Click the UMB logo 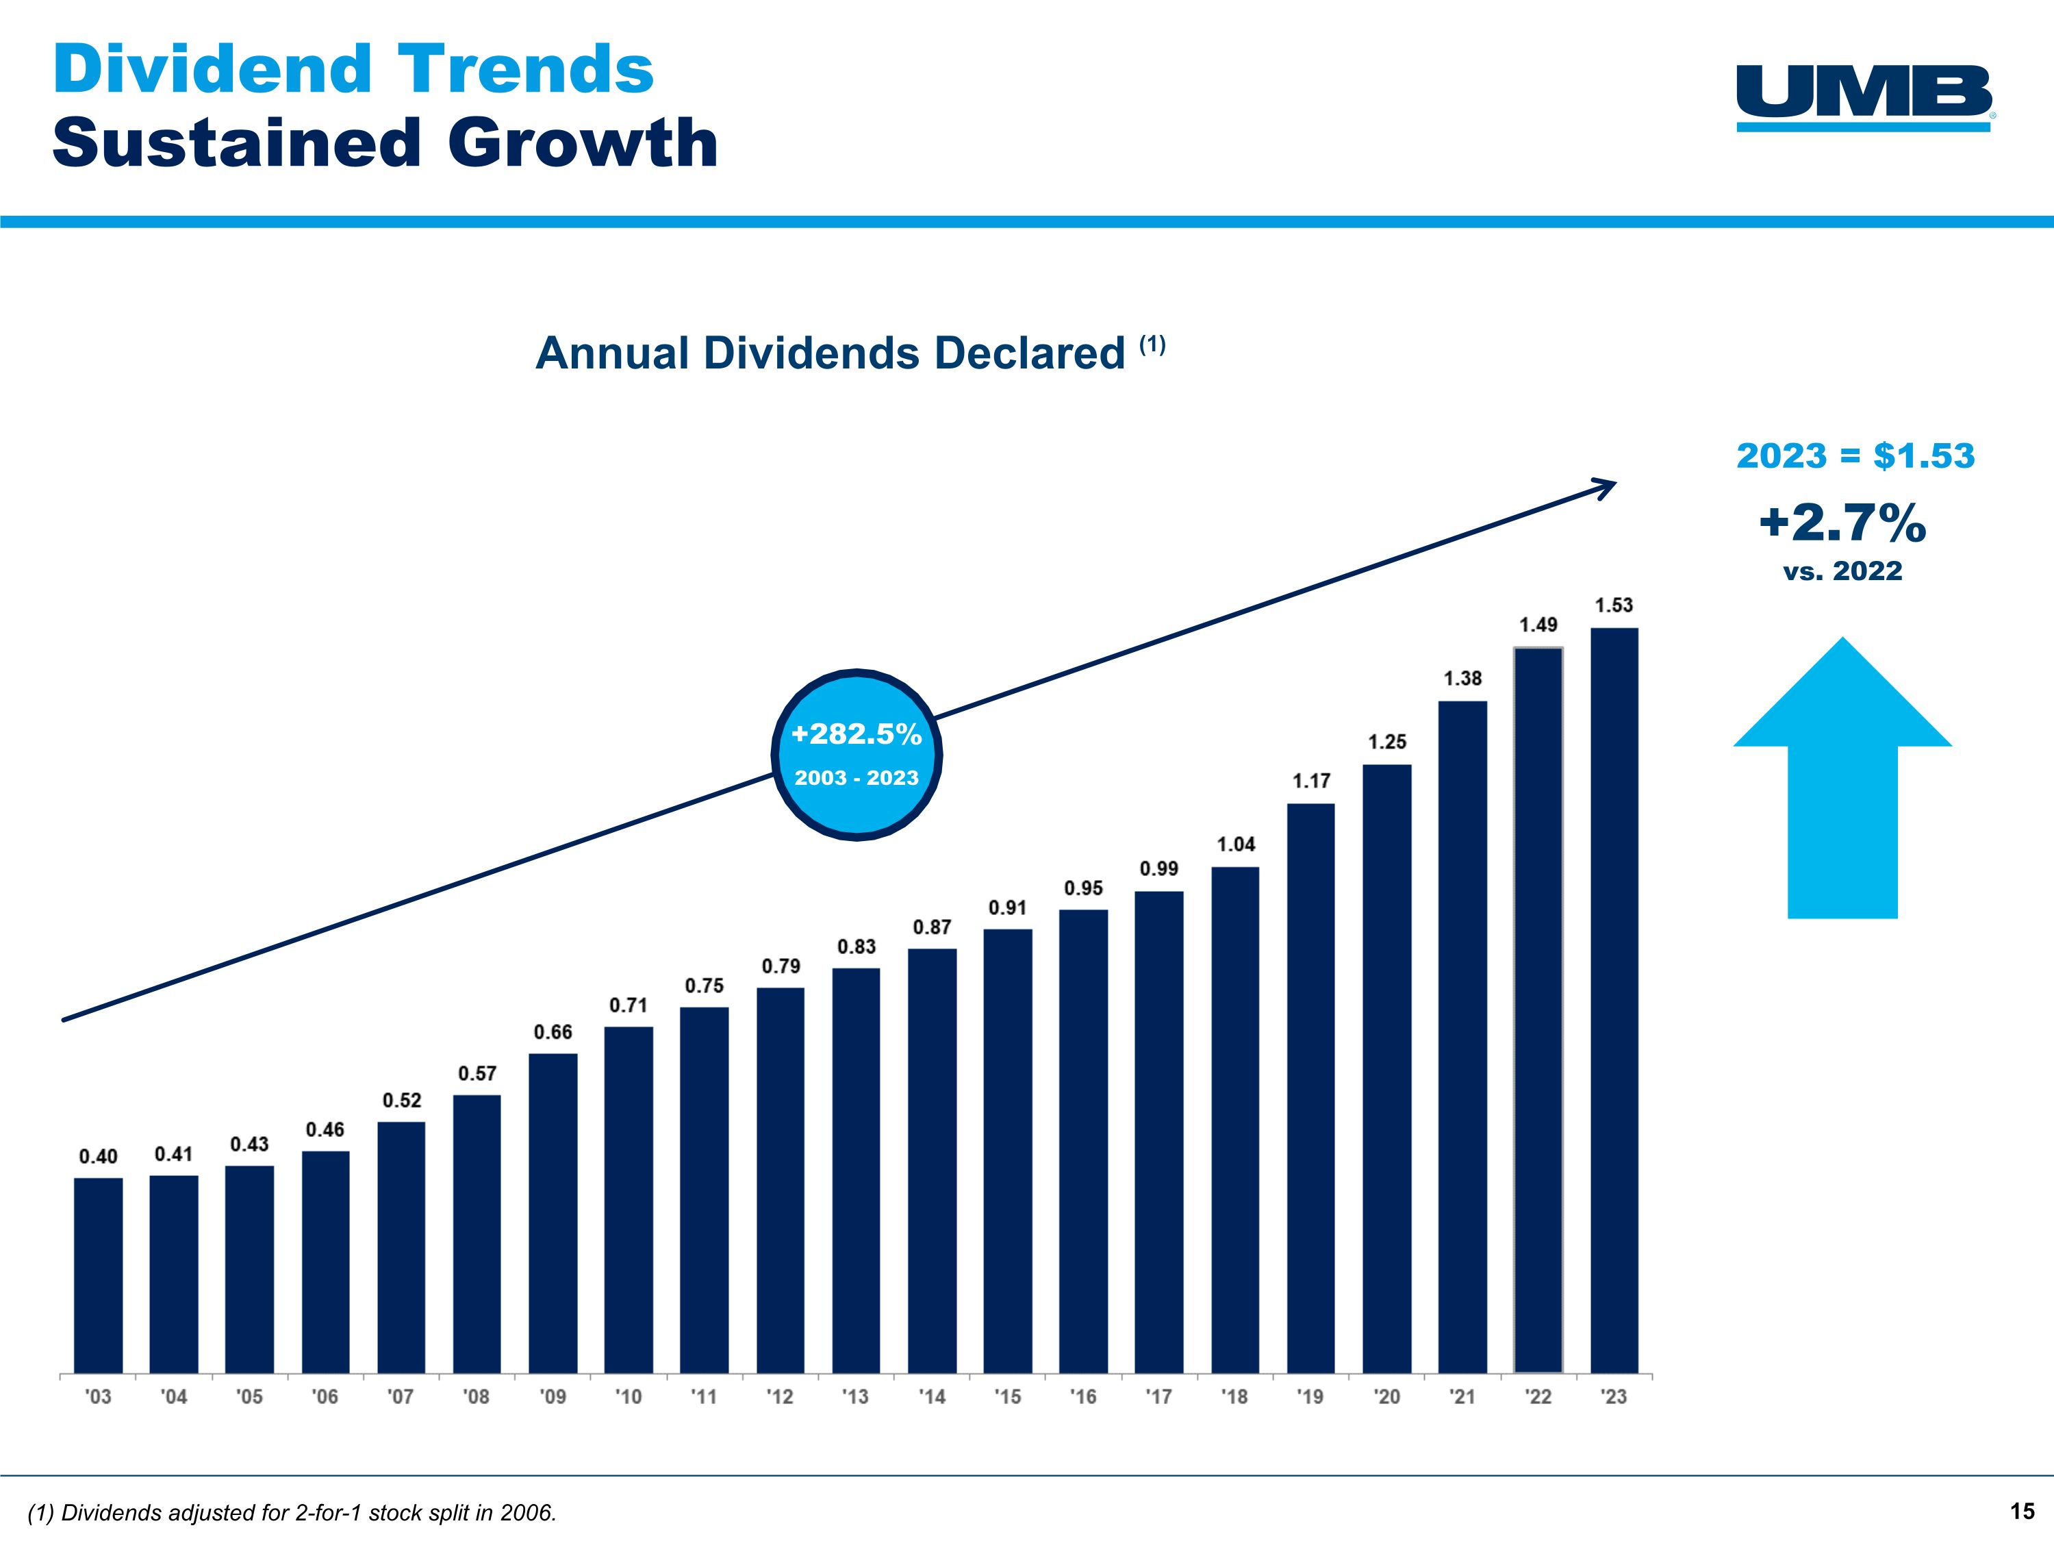1864,97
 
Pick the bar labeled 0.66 553,1212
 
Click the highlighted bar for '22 1538,1009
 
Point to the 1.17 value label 1311,781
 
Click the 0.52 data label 401,1100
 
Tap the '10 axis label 628,1397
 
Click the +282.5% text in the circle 856,735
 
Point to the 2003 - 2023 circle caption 856,779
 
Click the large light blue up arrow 1842,780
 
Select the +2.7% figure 1842,523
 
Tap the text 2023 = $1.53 1855,456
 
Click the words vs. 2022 1842,571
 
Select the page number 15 2023,1512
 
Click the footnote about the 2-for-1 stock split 292,1513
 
